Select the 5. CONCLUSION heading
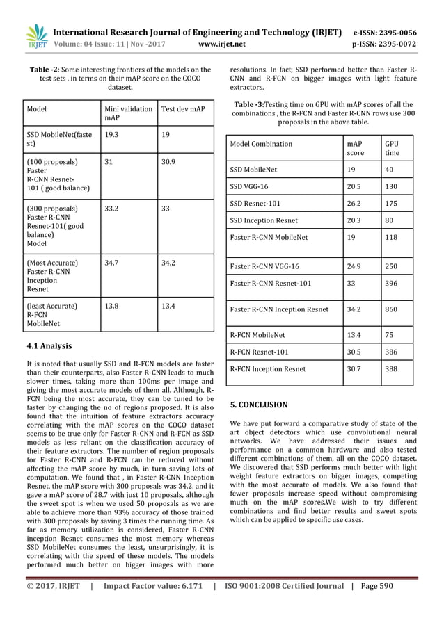(258, 405)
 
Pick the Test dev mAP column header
(183, 109)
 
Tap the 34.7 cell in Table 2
(111, 263)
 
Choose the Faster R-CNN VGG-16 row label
(264, 266)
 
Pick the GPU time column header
(393, 148)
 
